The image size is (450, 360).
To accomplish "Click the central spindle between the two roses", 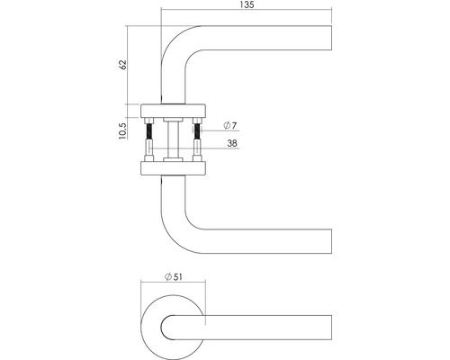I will click(173, 139).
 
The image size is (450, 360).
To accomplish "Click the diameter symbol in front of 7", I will click(221, 125).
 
